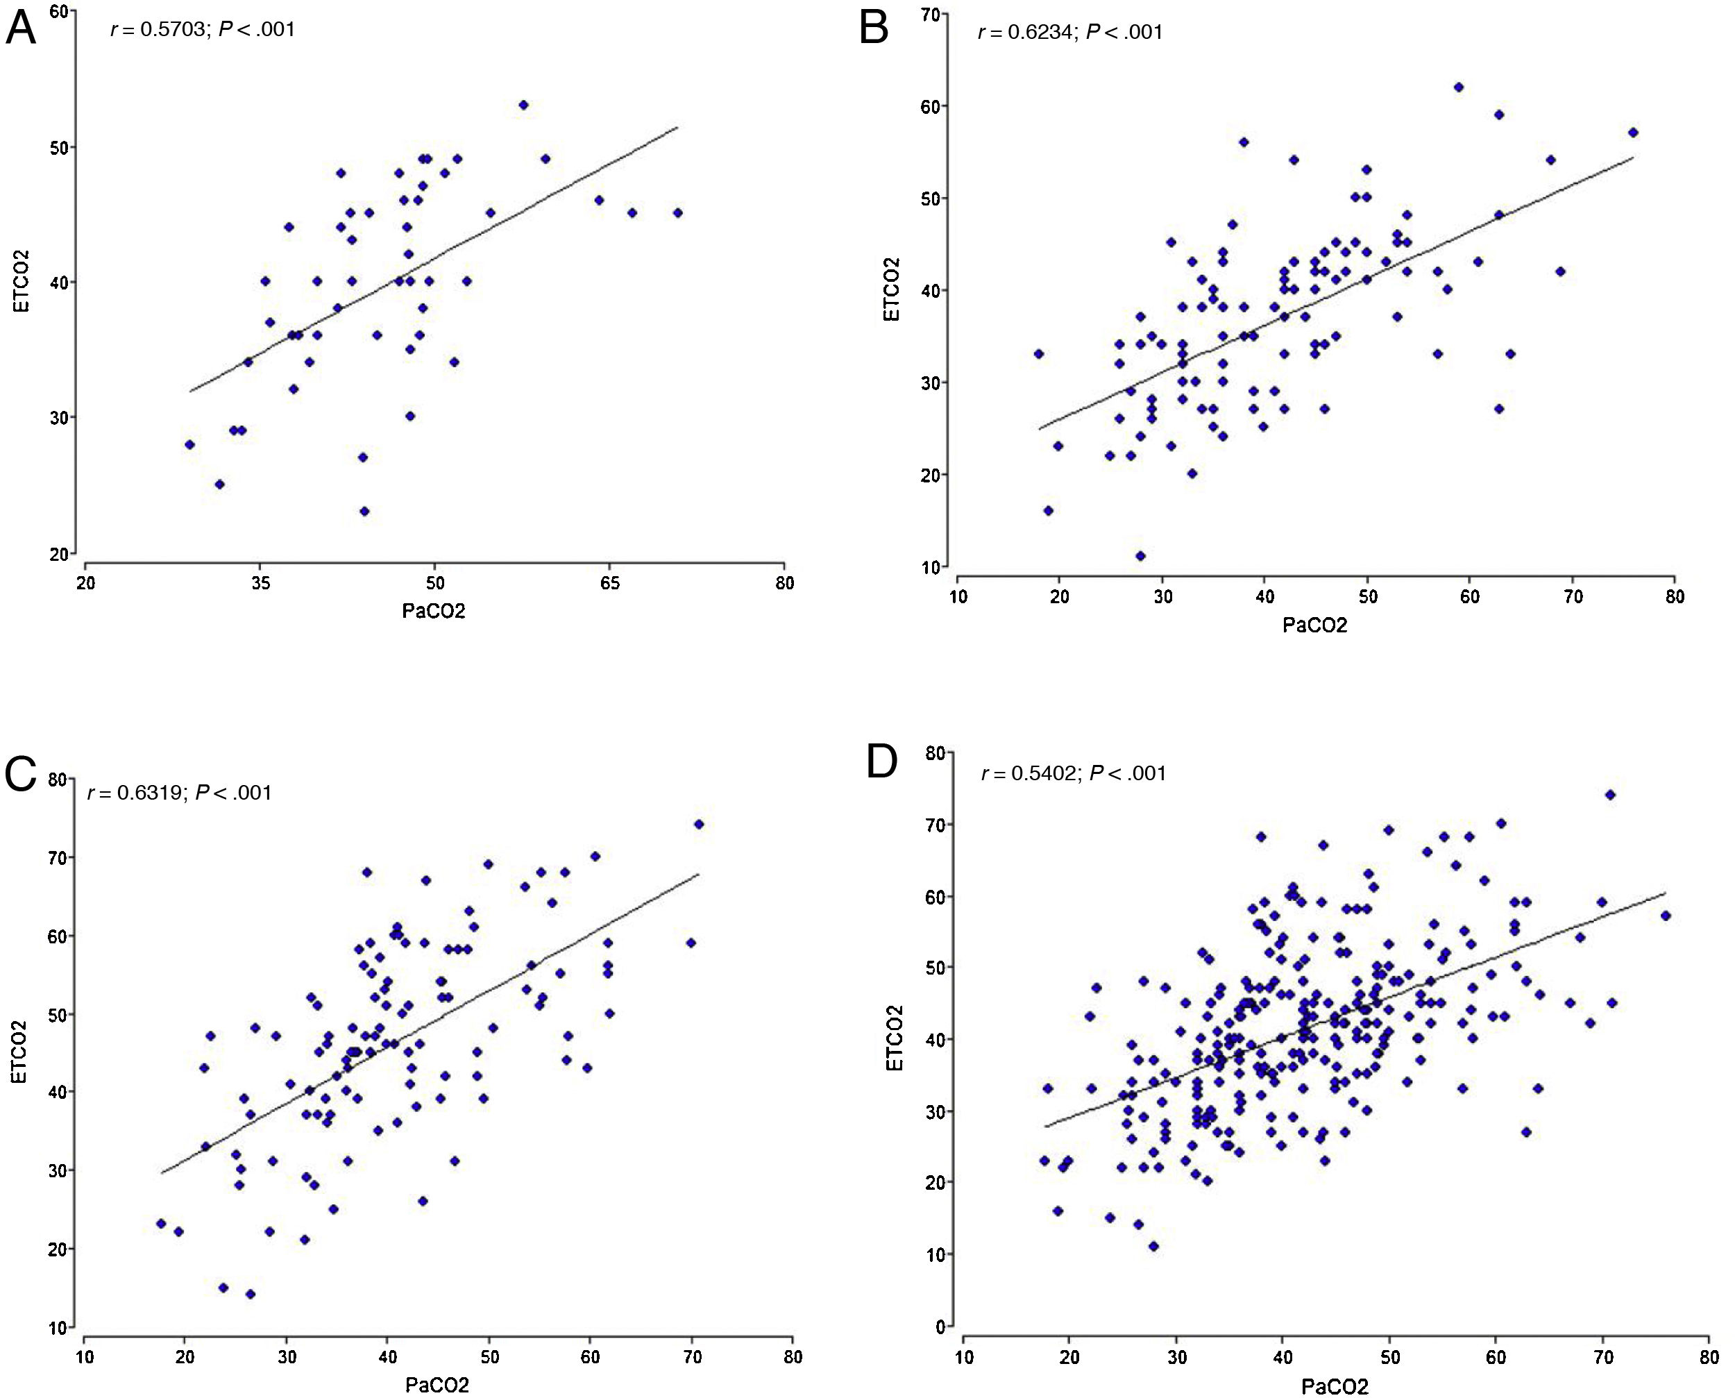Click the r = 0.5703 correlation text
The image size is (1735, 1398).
203,31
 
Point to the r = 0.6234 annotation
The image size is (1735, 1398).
1070,32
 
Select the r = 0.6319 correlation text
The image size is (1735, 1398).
180,793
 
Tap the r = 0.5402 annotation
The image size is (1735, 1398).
1073,774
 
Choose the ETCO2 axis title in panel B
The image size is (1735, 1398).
891,289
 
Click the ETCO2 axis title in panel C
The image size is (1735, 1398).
19,1051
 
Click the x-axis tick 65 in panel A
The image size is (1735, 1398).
609,583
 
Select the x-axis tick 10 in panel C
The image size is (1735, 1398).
84,1357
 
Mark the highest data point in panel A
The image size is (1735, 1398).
523,105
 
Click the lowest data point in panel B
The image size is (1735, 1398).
1140,555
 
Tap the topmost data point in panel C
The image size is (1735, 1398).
699,824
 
